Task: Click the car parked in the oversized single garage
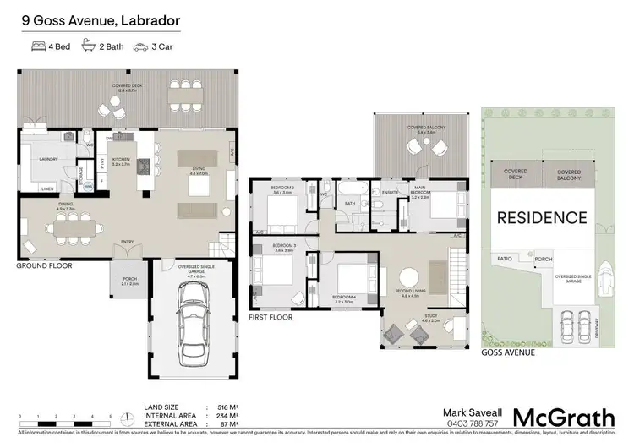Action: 193,324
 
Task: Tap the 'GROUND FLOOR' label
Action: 44,265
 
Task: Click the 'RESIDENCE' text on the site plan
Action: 541,217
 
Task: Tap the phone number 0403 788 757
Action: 470,423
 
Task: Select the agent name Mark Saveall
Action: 471,412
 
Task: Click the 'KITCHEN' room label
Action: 120,158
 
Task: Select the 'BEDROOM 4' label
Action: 344,297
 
